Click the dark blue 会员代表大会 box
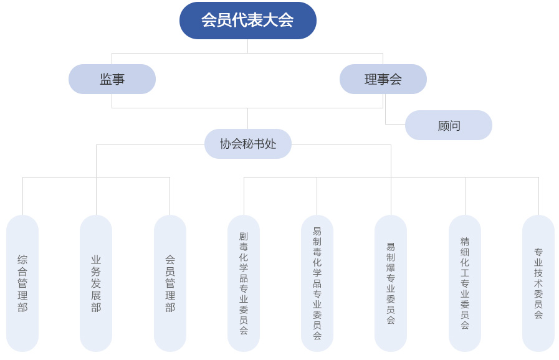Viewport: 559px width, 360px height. point(248,21)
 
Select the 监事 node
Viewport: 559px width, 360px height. point(112,79)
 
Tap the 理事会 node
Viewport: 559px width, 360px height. point(383,79)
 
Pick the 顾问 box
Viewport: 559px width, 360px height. point(449,125)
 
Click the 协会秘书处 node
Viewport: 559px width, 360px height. point(248,144)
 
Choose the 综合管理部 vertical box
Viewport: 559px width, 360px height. point(22,283)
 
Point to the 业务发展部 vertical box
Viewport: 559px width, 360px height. point(96,283)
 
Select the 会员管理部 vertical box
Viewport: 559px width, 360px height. point(170,283)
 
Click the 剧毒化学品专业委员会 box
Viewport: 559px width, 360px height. point(244,283)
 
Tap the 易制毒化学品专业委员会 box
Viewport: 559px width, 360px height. point(317,283)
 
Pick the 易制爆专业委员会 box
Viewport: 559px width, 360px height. point(391,283)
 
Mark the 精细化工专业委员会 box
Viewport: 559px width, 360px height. point(465,283)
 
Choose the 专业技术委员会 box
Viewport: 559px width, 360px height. point(538,283)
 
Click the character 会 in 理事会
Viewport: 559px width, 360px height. point(396,79)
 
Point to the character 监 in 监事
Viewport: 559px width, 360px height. point(106,79)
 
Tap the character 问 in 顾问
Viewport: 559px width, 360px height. point(454,125)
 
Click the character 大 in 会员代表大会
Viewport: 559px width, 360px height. point(270,20)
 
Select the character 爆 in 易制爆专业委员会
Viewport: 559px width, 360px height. point(391,268)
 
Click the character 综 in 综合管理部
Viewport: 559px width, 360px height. point(22,260)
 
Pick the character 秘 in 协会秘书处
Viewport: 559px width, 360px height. point(248,144)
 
